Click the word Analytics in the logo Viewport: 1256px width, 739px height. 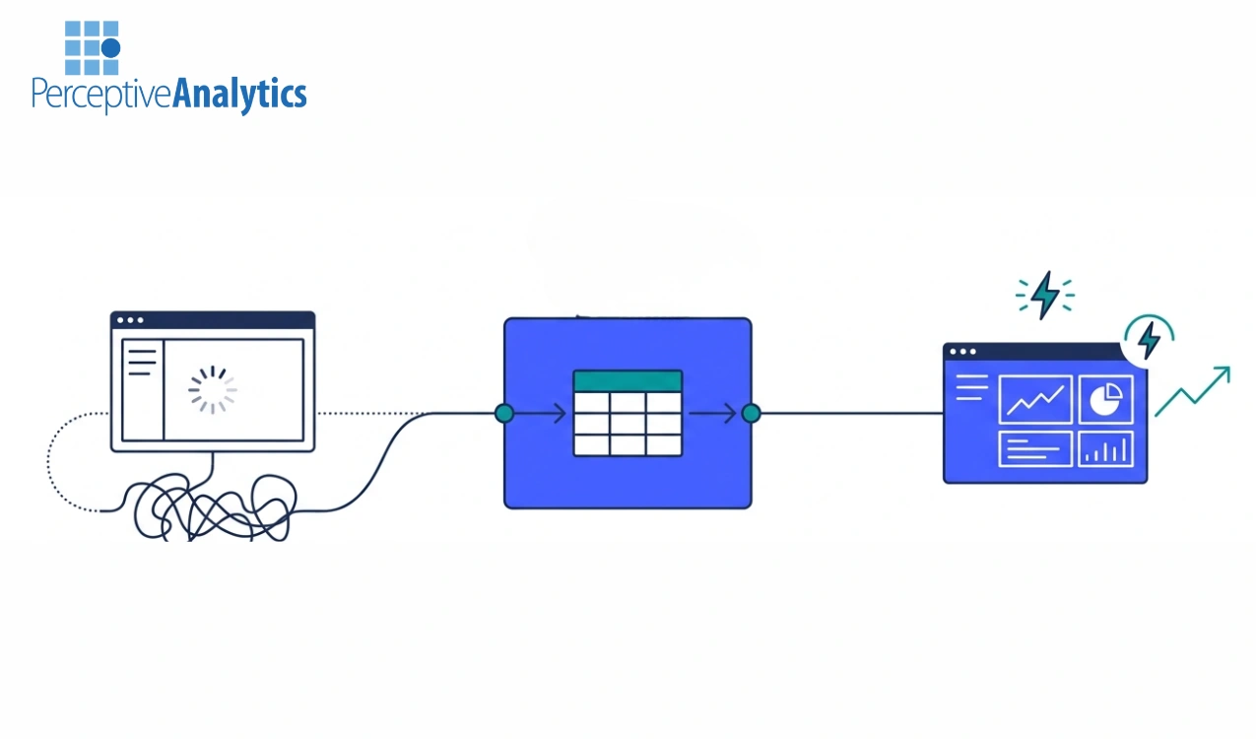tap(239, 95)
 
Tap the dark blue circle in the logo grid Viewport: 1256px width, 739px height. tap(110, 48)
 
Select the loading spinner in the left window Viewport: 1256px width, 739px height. tap(213, 389)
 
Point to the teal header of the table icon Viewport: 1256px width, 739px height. tap(628, 380)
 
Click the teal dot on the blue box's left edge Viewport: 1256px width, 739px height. tap(504, 414)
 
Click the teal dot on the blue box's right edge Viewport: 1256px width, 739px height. tap(751, 414)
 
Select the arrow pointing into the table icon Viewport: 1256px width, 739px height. tap(540, 414)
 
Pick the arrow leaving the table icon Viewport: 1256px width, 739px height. tap(712, 414)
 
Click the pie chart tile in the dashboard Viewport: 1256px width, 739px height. tap(1105, 399)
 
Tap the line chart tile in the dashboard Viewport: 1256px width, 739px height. tap(1035, 399)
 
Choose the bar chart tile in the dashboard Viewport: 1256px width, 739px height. tap(1105, 449)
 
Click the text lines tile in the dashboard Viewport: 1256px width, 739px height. tap(1035, 449)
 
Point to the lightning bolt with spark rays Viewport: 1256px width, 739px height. tap(1045, 296)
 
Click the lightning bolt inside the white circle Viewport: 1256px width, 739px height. tap(1148, 340)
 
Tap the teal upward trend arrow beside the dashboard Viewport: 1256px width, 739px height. tap(1193, 391)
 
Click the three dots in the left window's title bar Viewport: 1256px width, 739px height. tap(130, 320)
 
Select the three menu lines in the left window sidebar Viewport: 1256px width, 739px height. tap(143, 363)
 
